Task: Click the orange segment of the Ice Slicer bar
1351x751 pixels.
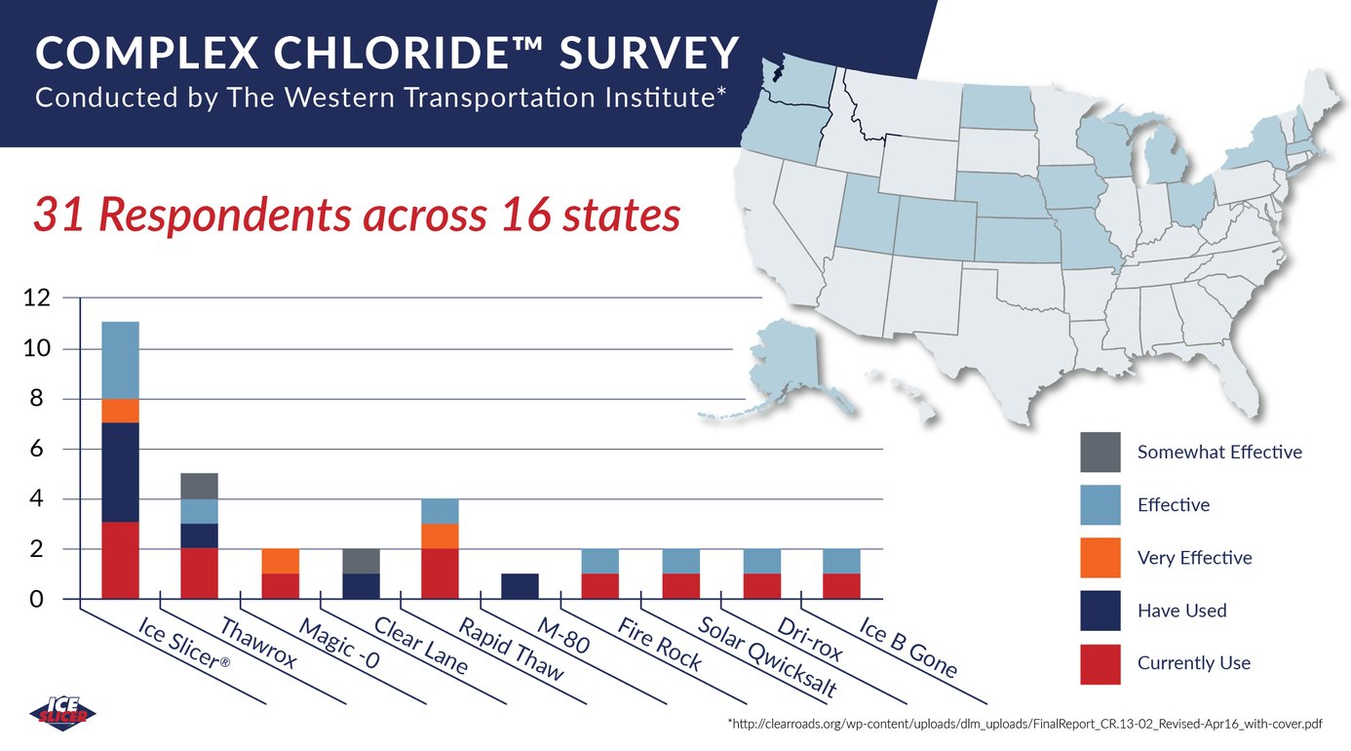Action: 120,411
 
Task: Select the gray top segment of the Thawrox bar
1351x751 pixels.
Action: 200,486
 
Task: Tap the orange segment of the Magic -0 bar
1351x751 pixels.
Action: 280,561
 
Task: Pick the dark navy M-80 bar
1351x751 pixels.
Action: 520,586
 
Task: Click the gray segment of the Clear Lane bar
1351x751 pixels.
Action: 360,561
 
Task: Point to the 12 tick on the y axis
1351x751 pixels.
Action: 36,298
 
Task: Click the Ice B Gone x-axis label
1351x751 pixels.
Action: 907,648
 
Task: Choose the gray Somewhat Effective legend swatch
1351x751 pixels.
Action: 1100,453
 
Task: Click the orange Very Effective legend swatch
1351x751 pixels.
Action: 1100,558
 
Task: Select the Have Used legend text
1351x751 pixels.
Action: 1181,611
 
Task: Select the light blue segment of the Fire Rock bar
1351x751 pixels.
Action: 599,561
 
